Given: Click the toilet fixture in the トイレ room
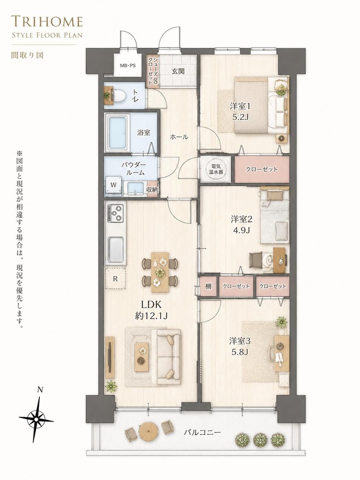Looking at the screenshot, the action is pyautogui.click(x=119, y=95).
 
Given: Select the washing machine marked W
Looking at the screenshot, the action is pyautogui.click(x=113, y=184).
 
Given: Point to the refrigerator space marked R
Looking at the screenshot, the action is pyautogui.click(x=116, y=279).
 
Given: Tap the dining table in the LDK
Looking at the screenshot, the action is pyautogui.click(x=160, y=272).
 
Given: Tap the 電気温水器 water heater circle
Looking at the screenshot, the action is pyautogui.click(x=216, y=170).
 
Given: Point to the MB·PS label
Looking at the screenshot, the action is pyautogui.click(x=128, y=65).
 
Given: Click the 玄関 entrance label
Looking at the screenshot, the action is pyautogui.click(x=178, y=71).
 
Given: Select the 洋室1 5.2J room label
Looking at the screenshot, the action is pyautogui.click(x=240, y=112).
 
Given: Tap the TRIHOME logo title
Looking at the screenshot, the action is pyautogui.click(x=47, y=22).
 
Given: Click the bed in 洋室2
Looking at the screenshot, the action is pyautogui.click(x=275, y=215).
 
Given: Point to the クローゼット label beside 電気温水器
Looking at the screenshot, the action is pyautogui.click(x=262, y=169).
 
